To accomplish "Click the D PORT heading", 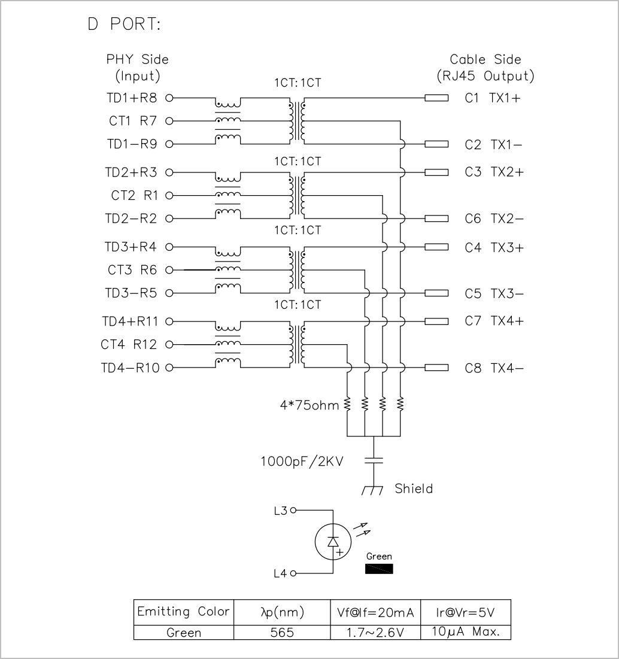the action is (124, 25).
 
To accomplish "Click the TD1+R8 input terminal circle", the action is (169, 98).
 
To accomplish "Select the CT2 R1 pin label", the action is (134, 196).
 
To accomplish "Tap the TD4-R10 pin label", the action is (131, 368).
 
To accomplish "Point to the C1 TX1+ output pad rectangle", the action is (436, 98).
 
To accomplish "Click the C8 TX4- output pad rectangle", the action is (436, 368).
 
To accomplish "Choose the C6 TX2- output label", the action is (494, 218).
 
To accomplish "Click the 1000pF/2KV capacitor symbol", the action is (374, 460).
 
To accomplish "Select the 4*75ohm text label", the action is (309, 405).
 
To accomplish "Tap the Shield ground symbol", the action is (373, 490).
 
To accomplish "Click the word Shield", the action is (414, 488).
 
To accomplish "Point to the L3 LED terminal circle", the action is (293, 510).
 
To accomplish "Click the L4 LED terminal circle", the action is (293, 573).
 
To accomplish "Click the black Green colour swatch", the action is (379, 569).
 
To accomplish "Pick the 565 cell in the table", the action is (282, 633).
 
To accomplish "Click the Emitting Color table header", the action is (184, 611).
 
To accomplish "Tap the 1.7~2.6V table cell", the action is (375, 633).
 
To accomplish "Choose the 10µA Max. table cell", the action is (466, 631).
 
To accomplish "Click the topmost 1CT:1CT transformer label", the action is (298, 83).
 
